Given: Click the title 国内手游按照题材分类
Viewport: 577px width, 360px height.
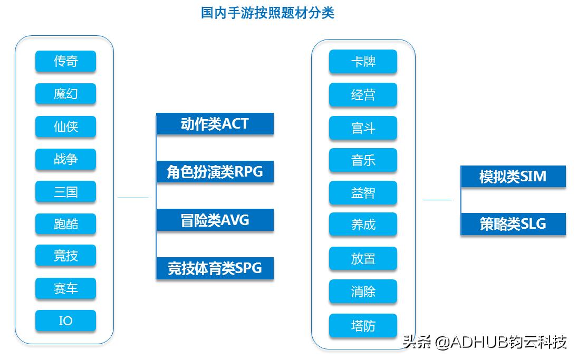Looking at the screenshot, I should [x=267, y=13].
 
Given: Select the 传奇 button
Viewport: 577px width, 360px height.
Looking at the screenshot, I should [x=65, y=61].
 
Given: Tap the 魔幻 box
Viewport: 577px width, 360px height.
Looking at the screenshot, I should [x=65, y=94].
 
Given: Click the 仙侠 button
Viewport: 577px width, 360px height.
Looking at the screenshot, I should [x=65, y=127].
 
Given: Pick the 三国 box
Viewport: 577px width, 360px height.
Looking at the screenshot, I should [x=65, y=191].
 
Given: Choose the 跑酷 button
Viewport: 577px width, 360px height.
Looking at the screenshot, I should [x=65, y=224].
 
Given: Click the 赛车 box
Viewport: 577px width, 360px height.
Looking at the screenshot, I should [x=65, y=288].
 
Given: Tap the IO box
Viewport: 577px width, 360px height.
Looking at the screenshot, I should [x=65, y=320].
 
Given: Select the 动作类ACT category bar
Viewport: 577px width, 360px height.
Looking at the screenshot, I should [x=215, y=124].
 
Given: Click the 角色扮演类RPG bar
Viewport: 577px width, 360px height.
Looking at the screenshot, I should [x=215, y=172].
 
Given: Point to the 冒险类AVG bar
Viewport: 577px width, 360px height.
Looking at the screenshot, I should [x=215, y=220].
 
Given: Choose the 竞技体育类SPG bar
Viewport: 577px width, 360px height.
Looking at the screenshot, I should [x=215, y=268].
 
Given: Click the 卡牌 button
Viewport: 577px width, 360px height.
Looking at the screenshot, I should [x=363, y=62].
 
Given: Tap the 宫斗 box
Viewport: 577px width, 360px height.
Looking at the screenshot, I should [x=363, y=128].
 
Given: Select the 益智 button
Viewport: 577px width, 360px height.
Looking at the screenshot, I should [x=363, y=193].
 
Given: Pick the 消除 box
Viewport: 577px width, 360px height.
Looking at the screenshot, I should [x=363, y=291].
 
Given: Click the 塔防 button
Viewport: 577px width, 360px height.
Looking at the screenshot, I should [x=363, y=326].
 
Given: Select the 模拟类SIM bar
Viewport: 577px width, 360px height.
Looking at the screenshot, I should [x=513, y=177].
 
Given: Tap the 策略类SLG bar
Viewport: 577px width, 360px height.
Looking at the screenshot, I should [x=513, y=224].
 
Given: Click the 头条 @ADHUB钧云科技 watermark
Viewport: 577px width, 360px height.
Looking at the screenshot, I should [x=484, y=342].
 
